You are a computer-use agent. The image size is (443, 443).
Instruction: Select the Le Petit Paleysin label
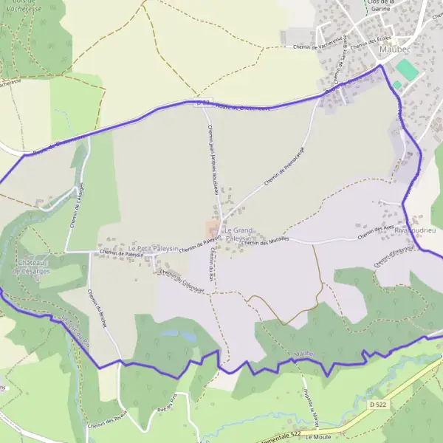point(153,250)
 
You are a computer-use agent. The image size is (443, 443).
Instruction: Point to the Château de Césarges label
point(32,267)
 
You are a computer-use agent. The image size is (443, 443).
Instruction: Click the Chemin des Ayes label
point(376,233)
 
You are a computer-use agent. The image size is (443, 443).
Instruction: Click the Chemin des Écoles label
point(371,42)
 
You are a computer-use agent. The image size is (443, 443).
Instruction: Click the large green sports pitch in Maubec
point(407,71)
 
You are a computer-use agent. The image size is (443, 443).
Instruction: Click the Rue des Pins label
point(168,405)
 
